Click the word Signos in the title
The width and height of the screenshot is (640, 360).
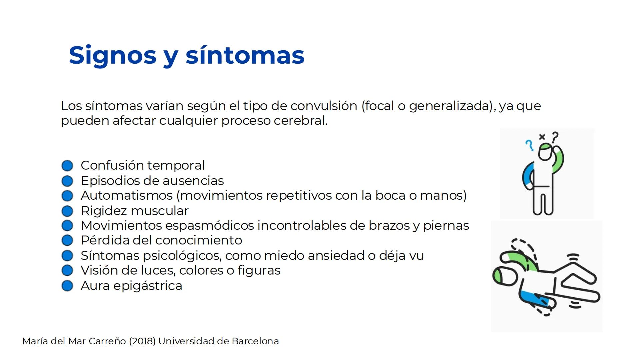pos(113,56)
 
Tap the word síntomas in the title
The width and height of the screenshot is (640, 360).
pos(245,55)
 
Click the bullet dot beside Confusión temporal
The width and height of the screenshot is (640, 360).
pos(67,166)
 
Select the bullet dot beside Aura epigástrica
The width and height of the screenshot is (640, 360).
pos(67,286)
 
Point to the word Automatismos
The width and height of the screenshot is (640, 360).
pos(127,196)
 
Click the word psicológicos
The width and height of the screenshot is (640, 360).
pos(182,256)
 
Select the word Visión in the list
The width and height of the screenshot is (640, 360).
pos(99,270)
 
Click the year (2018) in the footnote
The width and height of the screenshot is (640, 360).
pos(142,341)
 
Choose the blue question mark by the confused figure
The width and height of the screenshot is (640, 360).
pos(529,145)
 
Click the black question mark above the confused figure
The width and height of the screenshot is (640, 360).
pos(555,137)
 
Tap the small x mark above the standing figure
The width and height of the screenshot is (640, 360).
pos(542,137)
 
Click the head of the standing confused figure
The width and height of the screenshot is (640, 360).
pos(546,152)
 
